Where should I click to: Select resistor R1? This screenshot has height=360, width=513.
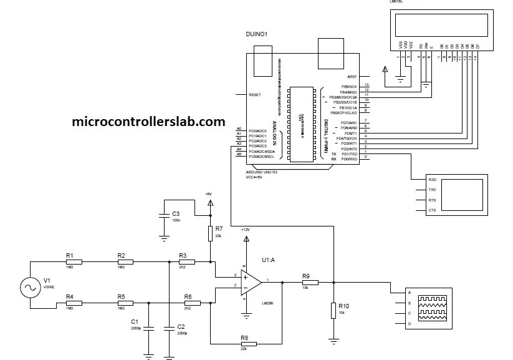(70, 262)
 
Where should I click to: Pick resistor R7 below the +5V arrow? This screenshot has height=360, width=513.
(210, 233)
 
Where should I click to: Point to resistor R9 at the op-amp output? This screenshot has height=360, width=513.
(307, 282)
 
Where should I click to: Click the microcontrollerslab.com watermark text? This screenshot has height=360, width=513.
(149, 122)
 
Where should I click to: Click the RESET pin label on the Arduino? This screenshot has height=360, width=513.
(255, 95)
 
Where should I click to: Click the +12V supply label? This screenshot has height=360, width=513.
(246, 229)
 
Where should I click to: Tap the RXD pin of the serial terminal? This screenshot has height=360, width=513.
(432, 179)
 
